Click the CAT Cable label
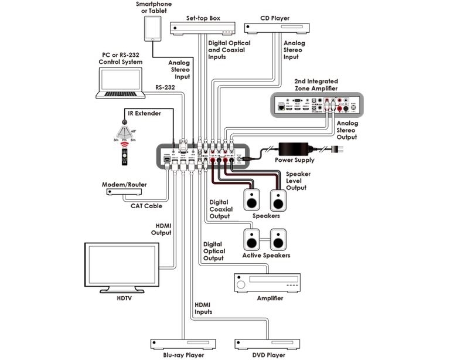(146, 206)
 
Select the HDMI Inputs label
(204, 308)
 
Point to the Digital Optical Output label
(214, 250)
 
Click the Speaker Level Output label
(298, 181)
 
